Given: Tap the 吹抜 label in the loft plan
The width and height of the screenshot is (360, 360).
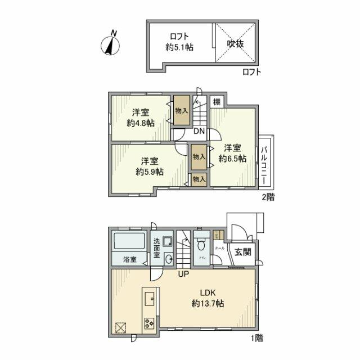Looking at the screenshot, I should (x=235, y=43).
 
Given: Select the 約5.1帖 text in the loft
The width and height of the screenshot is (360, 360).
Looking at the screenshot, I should (x=179, y=48).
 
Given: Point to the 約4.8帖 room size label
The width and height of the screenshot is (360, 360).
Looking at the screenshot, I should (x=140, y=123).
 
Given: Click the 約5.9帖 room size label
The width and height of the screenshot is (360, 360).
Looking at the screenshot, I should (x=150, y=172).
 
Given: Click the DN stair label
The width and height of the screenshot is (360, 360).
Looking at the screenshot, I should (x=199, y=132).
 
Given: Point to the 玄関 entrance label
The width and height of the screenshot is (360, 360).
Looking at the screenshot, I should (x=243, y=252).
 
